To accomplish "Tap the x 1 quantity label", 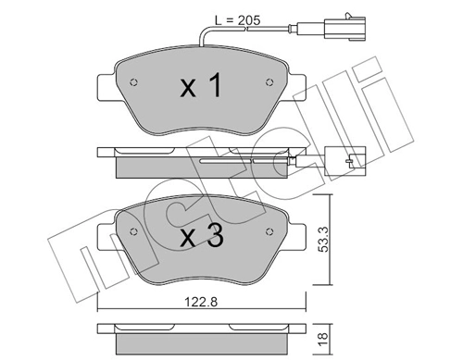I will click(x=201, y=88).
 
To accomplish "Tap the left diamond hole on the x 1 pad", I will click(x=135, y=80).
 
